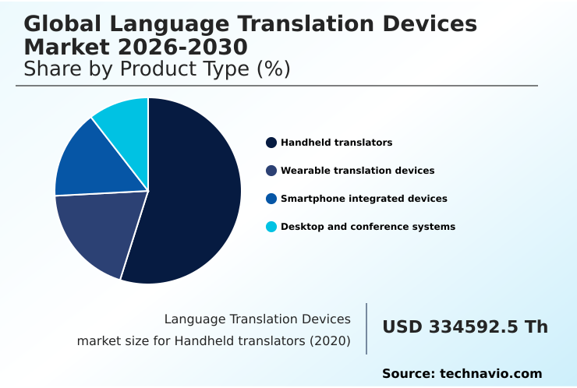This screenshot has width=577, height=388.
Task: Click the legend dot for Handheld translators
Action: pos(271,143)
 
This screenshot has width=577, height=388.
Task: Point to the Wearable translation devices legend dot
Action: pos(271,171)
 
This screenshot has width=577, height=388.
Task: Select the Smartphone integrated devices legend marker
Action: pos(271,199)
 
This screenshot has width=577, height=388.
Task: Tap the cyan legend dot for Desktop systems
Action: pos(271,227)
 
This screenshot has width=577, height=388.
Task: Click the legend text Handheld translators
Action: pos(336,143)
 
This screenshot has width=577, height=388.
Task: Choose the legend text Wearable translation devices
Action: pos(357,171)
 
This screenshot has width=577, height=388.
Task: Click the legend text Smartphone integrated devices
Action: pos(363,199)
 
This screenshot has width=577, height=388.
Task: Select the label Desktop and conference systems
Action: pos(367,227)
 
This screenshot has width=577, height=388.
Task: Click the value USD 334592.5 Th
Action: pos(465,327)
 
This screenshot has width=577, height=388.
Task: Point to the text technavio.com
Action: pos(490,374)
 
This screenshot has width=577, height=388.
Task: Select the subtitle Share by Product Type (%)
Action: pos(157,69)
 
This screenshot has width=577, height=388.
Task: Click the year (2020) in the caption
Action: pos(331,340)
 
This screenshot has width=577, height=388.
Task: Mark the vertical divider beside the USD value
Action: pos(366,329)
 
